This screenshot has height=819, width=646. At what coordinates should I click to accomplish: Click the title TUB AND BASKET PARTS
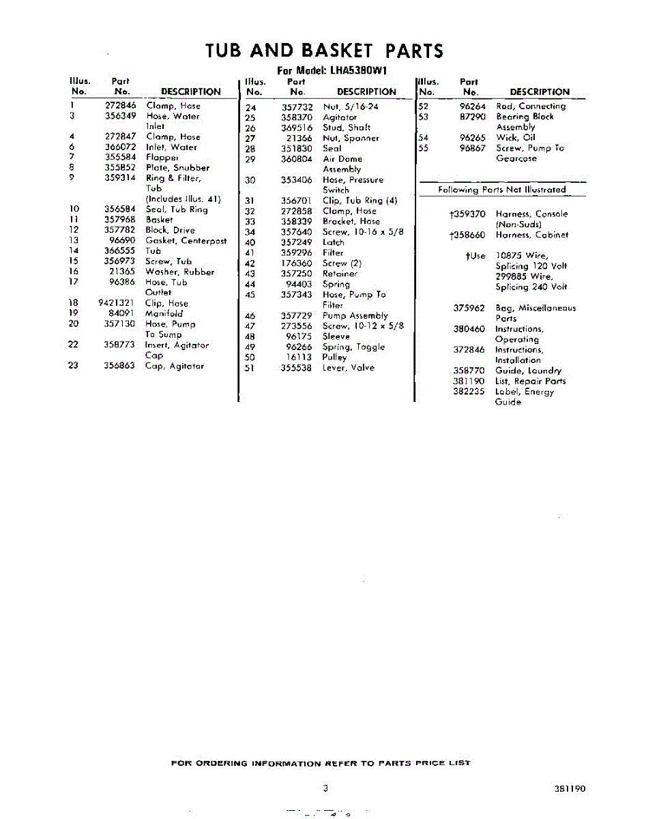324,51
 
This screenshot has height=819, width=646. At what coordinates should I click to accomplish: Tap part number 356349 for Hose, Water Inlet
120,116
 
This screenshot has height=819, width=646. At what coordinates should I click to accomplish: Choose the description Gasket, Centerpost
186,240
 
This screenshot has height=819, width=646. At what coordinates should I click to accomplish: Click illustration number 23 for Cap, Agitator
73,366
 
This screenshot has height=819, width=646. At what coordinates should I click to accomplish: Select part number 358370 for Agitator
297,117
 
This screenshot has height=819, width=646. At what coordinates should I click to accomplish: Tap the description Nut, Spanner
351,138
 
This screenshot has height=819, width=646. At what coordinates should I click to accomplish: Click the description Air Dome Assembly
342,164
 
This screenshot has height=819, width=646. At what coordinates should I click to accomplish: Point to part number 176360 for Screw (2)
297,263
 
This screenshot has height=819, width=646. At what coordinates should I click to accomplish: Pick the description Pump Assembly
355,315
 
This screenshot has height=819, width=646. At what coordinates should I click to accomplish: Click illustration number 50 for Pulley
250,357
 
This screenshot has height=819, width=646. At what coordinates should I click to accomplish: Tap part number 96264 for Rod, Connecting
473,106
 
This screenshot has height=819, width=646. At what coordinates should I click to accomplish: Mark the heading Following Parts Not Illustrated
502,190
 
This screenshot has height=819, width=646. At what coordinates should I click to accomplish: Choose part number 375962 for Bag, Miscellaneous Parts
469,308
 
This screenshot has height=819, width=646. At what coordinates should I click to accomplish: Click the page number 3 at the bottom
326,788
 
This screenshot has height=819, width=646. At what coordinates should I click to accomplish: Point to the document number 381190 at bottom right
570,789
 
